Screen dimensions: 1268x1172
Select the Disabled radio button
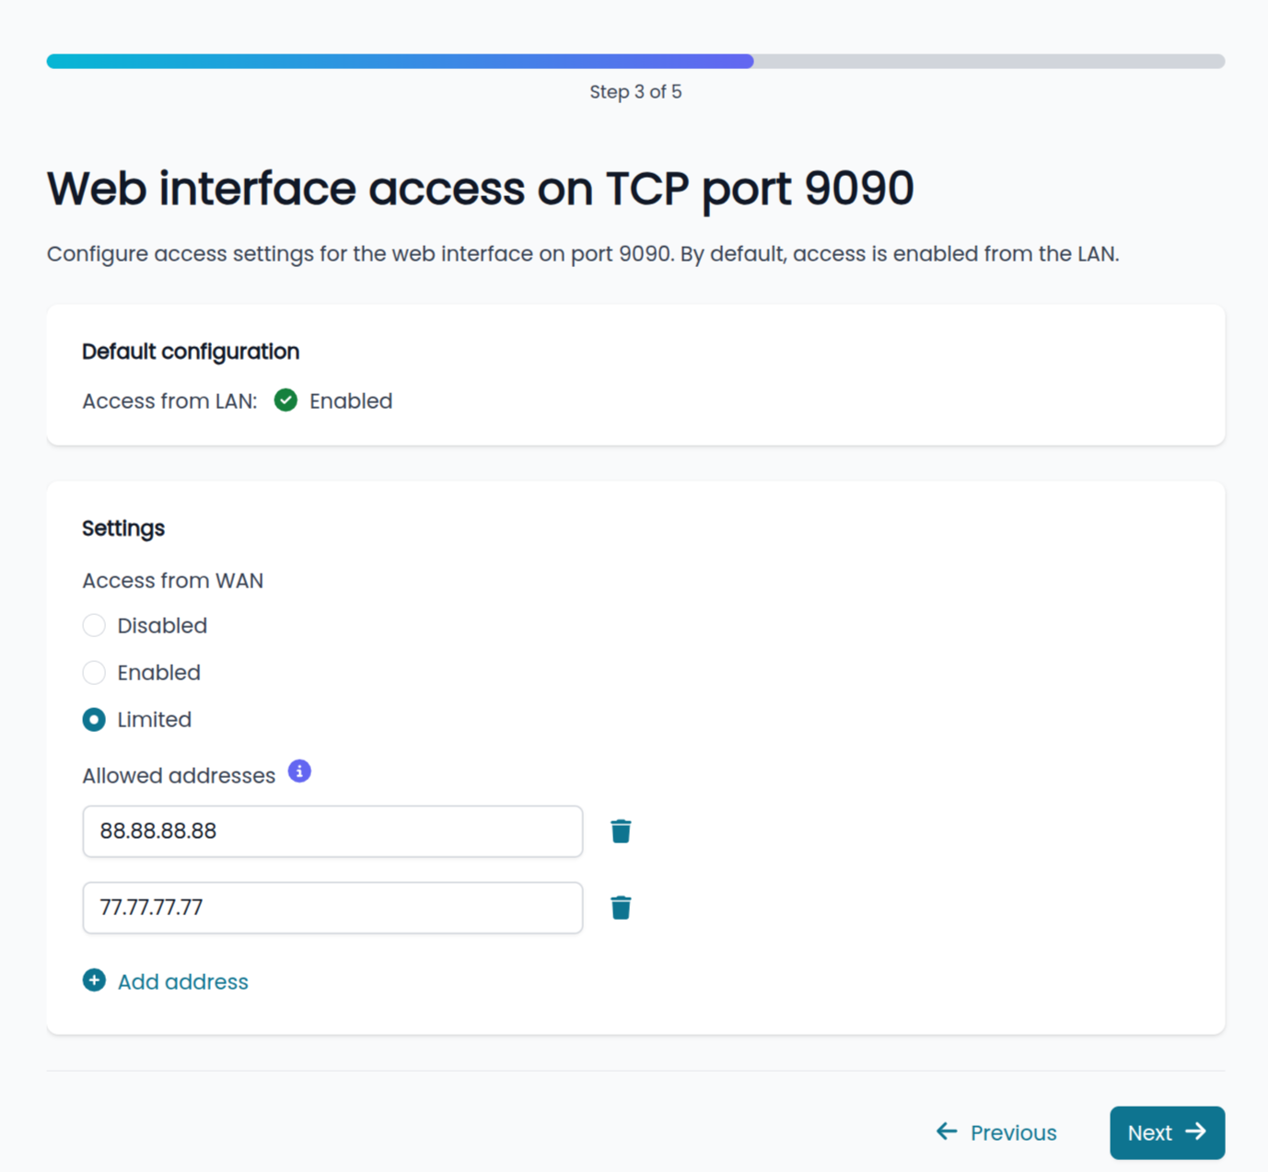94,625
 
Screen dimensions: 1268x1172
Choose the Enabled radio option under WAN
94,673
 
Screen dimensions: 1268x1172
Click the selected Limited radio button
94,720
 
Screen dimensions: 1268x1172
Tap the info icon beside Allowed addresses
299,772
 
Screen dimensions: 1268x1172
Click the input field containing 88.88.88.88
332,831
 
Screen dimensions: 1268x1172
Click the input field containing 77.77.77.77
332,908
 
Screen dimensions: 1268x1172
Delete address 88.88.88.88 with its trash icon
621,831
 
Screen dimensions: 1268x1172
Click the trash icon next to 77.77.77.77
621,908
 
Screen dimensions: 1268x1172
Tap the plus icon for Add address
94,981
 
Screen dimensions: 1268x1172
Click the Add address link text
183,981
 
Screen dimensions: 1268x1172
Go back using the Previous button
996,1132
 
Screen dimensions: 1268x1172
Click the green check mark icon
285,400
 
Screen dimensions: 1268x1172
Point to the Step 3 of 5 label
636,92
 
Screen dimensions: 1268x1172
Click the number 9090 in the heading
859,189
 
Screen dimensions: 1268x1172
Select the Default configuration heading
191,352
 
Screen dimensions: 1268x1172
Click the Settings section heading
123,528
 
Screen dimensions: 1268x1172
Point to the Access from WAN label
173,581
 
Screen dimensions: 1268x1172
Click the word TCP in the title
647,189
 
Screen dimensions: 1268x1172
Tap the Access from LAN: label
169,401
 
